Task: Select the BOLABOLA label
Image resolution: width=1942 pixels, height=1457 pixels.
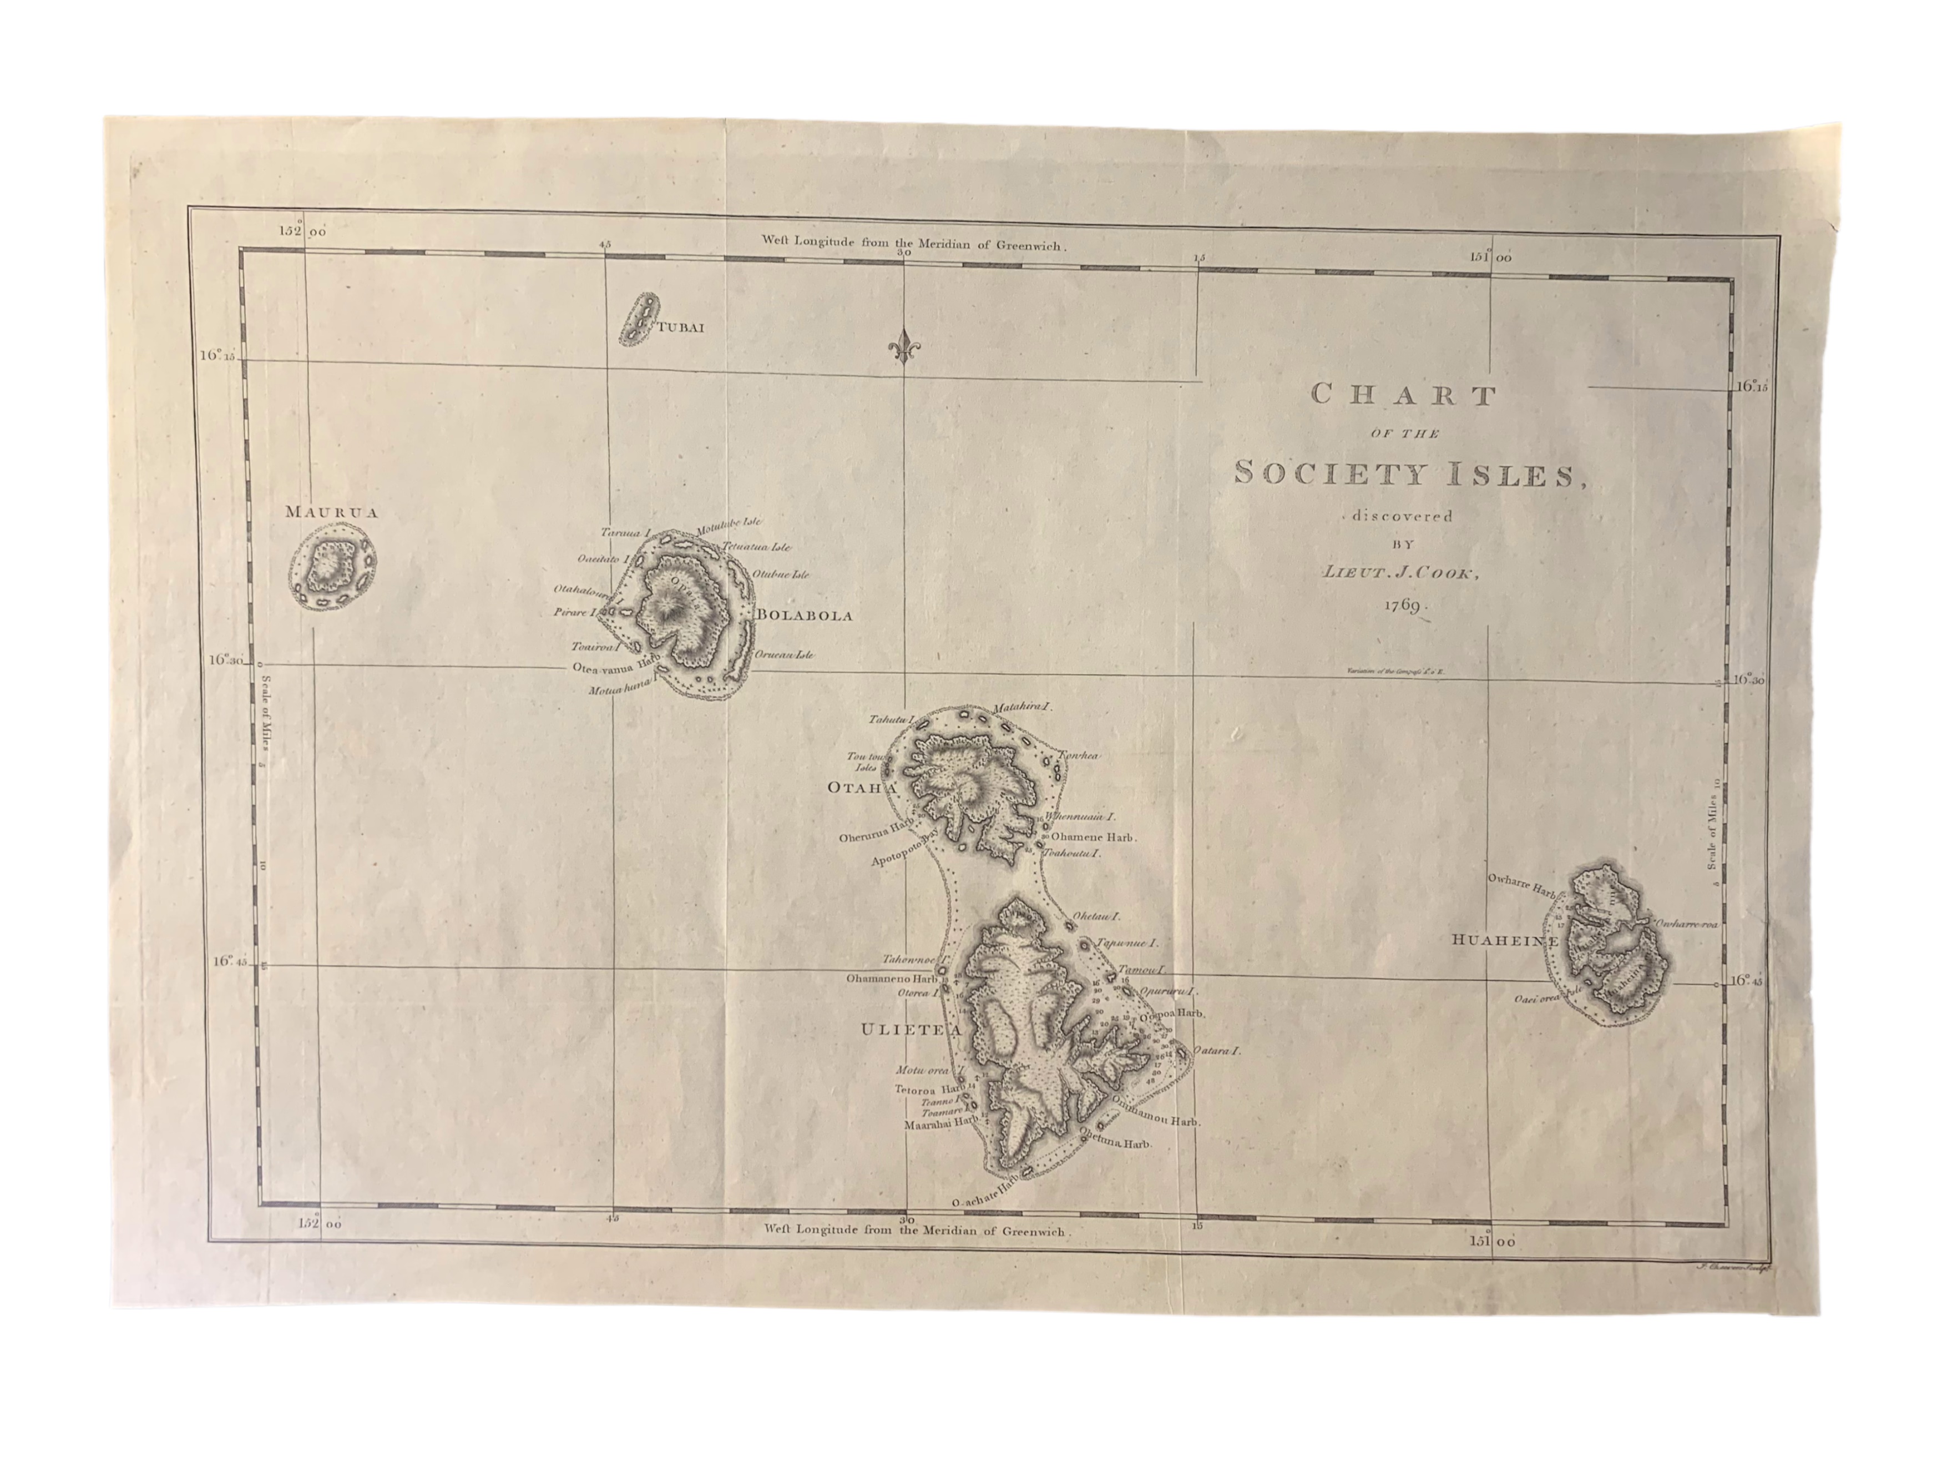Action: (x=803, y=616)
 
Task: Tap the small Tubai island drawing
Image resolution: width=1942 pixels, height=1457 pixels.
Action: (x=639, y=321)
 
